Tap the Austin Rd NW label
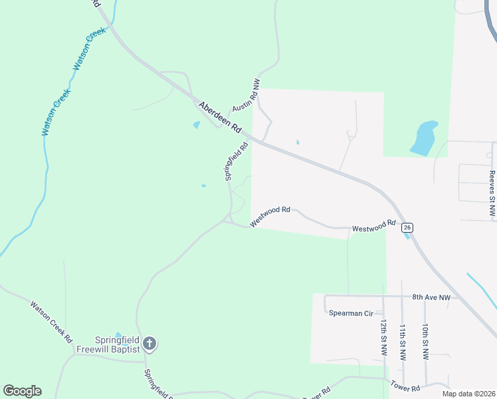[245, 96]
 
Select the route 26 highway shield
[408, 227]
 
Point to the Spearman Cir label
[351, 313]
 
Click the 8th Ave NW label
[431, 297]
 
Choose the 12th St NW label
[384, 338]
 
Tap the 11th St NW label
[403, 342]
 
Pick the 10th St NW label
[425, 342]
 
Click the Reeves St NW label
[492, 194]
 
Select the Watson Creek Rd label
[50, 321]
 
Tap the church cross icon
[150, 344]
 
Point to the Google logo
[22, 391]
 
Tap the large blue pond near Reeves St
[424, 138]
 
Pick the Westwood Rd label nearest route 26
[374, 227]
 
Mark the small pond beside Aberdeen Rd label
[197, 124]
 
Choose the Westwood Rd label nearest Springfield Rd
[270, 215]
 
